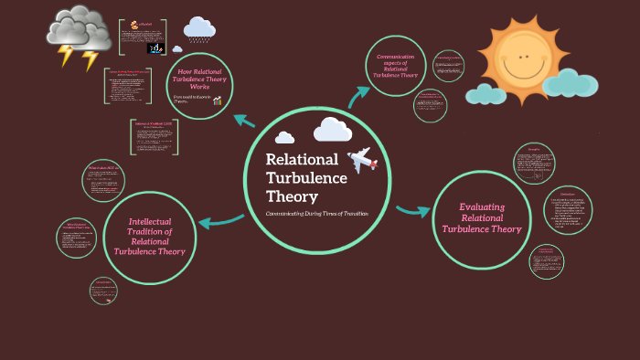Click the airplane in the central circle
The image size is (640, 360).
tap(362, 159)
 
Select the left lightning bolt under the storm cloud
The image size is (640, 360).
tap(65, 57)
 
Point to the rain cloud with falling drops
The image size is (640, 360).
tap(198, 31)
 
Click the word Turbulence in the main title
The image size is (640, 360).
tap(306, 177)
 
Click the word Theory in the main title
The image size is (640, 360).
tap(292, 196)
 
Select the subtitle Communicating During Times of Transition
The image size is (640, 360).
tap(316, 213)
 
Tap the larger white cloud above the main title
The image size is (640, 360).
tap(332, 130)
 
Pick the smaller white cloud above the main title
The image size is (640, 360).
tap(284, 138)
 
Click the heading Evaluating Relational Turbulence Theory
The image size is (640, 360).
tap(482, 217)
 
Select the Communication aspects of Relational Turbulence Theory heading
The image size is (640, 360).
tap(396, 66)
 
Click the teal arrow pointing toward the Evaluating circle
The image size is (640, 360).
tap(412, 211)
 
